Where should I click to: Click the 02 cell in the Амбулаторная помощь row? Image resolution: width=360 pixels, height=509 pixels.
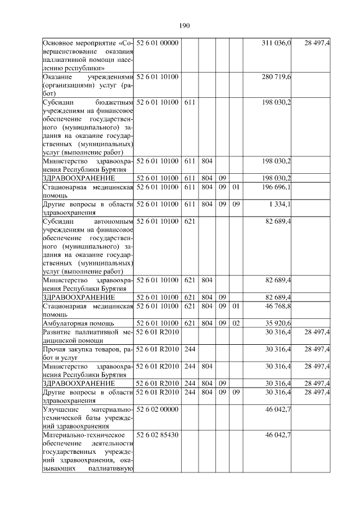coord(236,323)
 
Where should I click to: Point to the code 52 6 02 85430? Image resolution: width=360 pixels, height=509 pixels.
coord(157,435)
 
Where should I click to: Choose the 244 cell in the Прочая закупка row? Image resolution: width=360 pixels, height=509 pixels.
coord(190,349)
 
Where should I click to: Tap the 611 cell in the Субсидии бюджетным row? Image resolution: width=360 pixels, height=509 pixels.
coord(190,102)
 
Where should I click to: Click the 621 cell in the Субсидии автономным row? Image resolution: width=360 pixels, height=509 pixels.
coord(190,221)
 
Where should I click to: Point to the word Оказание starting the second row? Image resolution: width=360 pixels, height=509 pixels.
coord(59,76)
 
